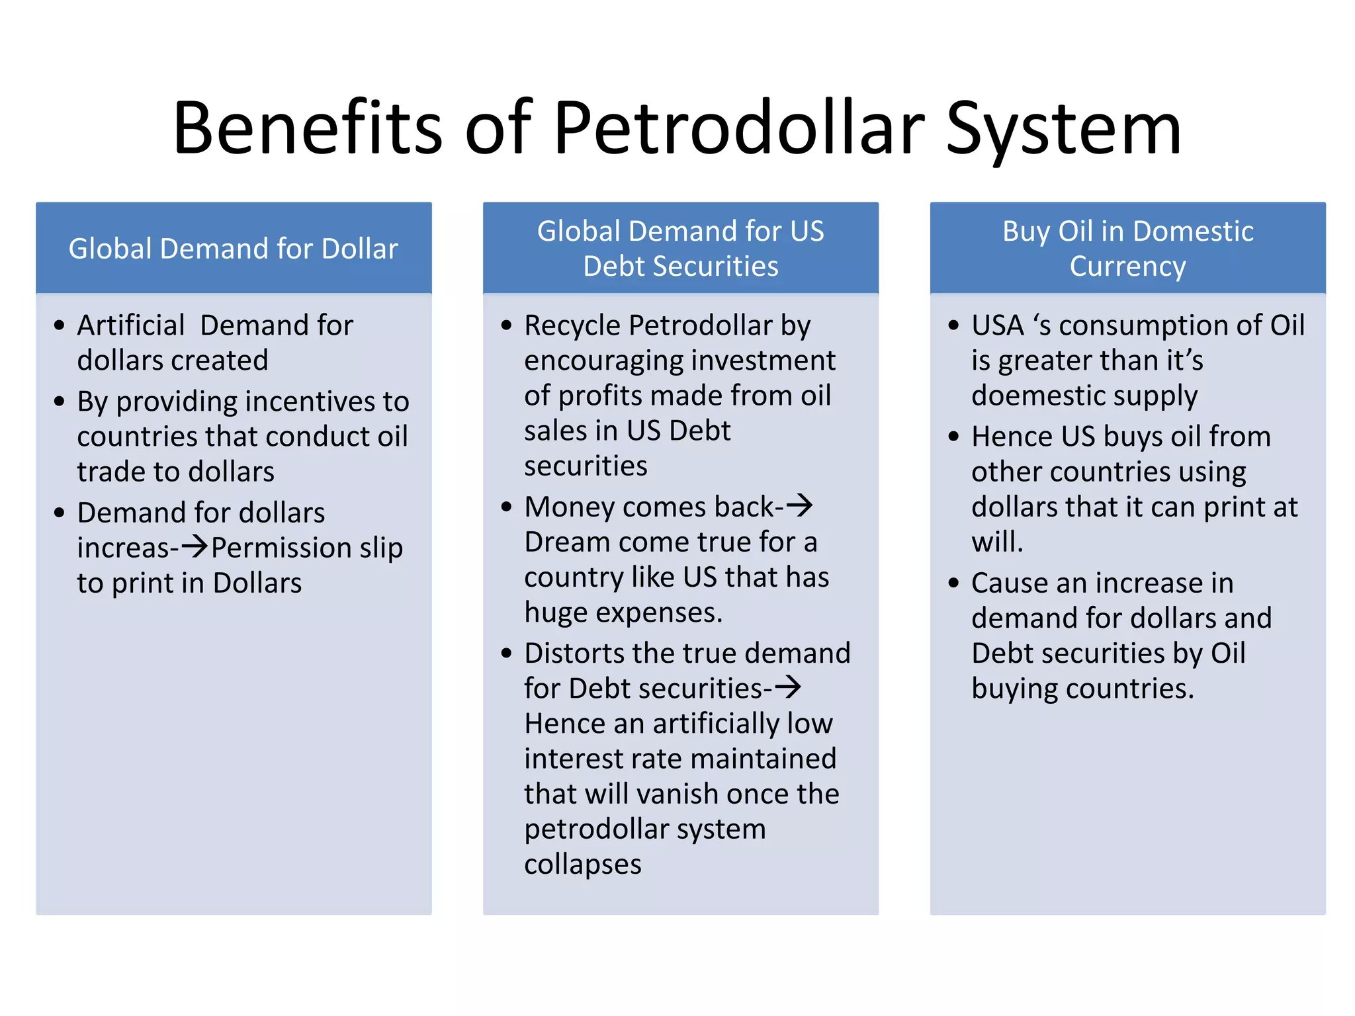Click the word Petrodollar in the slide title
click(738, 128)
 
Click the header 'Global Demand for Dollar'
click(234, 249)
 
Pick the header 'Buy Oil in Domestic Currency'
click(1127, 248)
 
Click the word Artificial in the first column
click(131, 325)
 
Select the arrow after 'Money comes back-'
click(799, 506)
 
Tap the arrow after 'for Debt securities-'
click(788, 687)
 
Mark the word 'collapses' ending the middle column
click(583, 864)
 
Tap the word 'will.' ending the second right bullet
click(997, 542)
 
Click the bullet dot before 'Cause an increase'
click(953, 583)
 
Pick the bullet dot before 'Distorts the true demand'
click(507, 654)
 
